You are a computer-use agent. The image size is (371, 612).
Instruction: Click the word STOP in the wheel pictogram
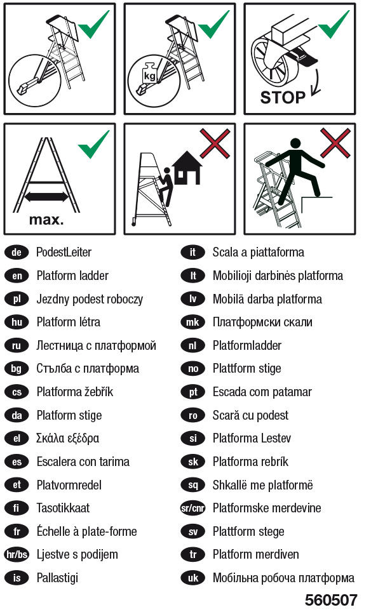(282, 97)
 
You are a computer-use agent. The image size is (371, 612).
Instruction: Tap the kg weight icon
(149, 72)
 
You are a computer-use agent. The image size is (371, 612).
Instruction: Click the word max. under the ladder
(46, 220)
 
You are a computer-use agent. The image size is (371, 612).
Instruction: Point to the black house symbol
(187, 168)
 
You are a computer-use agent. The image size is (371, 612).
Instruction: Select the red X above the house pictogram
(215, 143)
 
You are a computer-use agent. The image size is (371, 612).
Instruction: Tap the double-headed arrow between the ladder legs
(46, 197)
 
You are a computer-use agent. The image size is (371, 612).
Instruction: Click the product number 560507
(331, 600)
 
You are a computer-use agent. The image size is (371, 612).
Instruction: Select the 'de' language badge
(17, 252)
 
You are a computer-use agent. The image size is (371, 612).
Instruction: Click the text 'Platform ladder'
(72, 276)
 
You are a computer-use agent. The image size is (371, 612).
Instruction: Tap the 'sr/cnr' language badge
(193, 508)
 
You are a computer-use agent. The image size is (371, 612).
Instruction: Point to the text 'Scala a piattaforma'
(258, 252)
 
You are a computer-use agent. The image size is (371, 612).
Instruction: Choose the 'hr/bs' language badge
(17, 554)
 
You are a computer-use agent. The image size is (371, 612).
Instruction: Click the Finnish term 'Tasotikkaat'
(63, 508)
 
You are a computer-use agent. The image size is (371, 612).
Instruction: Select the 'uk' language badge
(193, 578)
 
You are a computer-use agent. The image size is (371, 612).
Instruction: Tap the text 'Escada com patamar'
(262, 392)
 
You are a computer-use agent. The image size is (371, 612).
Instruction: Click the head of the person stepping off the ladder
(295, 143)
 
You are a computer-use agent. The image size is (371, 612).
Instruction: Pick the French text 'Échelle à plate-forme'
(86, 531)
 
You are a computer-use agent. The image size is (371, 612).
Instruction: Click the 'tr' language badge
(193, 554)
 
